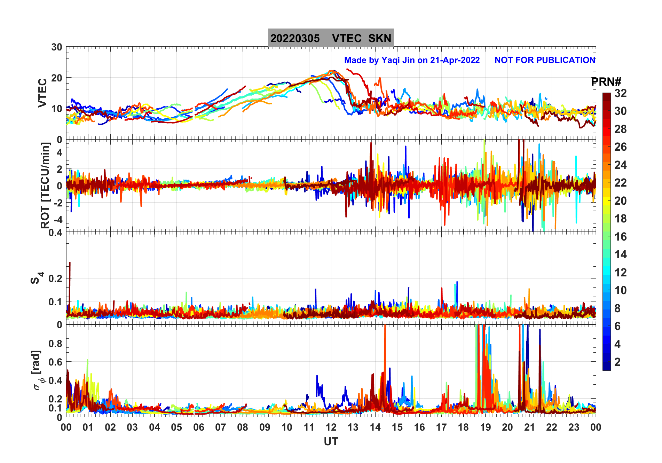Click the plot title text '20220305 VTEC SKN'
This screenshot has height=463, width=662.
pyautogui.click(x=331, y=38)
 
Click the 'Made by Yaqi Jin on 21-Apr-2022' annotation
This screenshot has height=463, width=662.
pyautogui.click(x=412, y=60)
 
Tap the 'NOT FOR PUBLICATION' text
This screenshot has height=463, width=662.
pyautogui.click(x=545, y=60)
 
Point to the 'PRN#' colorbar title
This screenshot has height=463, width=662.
pyautogui.click(x=606, y=82)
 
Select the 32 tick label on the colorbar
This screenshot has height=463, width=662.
pyautogui.click(x=620, y=93)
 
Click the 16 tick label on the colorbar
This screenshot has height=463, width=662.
pyautogui.click(x=620, y=237)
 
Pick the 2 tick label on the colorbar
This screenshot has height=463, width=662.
pyautogui.click(x=617, y=362)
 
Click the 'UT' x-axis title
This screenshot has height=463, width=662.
pyautogui.click(x=331, y=442)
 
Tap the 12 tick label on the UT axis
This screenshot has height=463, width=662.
pyautogui.click(x=331, y=427)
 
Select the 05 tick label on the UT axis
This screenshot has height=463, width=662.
pyautogui.click(x=176, y=427)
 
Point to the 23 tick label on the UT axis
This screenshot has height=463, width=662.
pyautogui.click(x=574, y=427)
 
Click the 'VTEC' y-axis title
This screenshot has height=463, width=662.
pyautogui.click(x=42, y=93)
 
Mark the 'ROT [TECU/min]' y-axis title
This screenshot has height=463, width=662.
pyautogui.click(x=45, y=185)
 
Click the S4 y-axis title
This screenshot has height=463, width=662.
pyautogui.click(x=37, y=278)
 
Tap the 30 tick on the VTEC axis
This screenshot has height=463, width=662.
pyautogui.click(x=57, y=47)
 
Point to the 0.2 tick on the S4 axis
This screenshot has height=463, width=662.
pyautogui.click(x=55, y=278)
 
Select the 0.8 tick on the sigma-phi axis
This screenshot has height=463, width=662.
pyautogui.click(x=55, y=344)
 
